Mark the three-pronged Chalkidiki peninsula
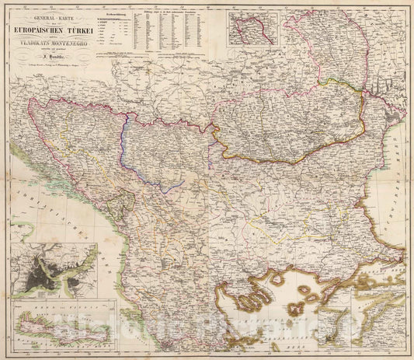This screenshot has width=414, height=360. [241, 299]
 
